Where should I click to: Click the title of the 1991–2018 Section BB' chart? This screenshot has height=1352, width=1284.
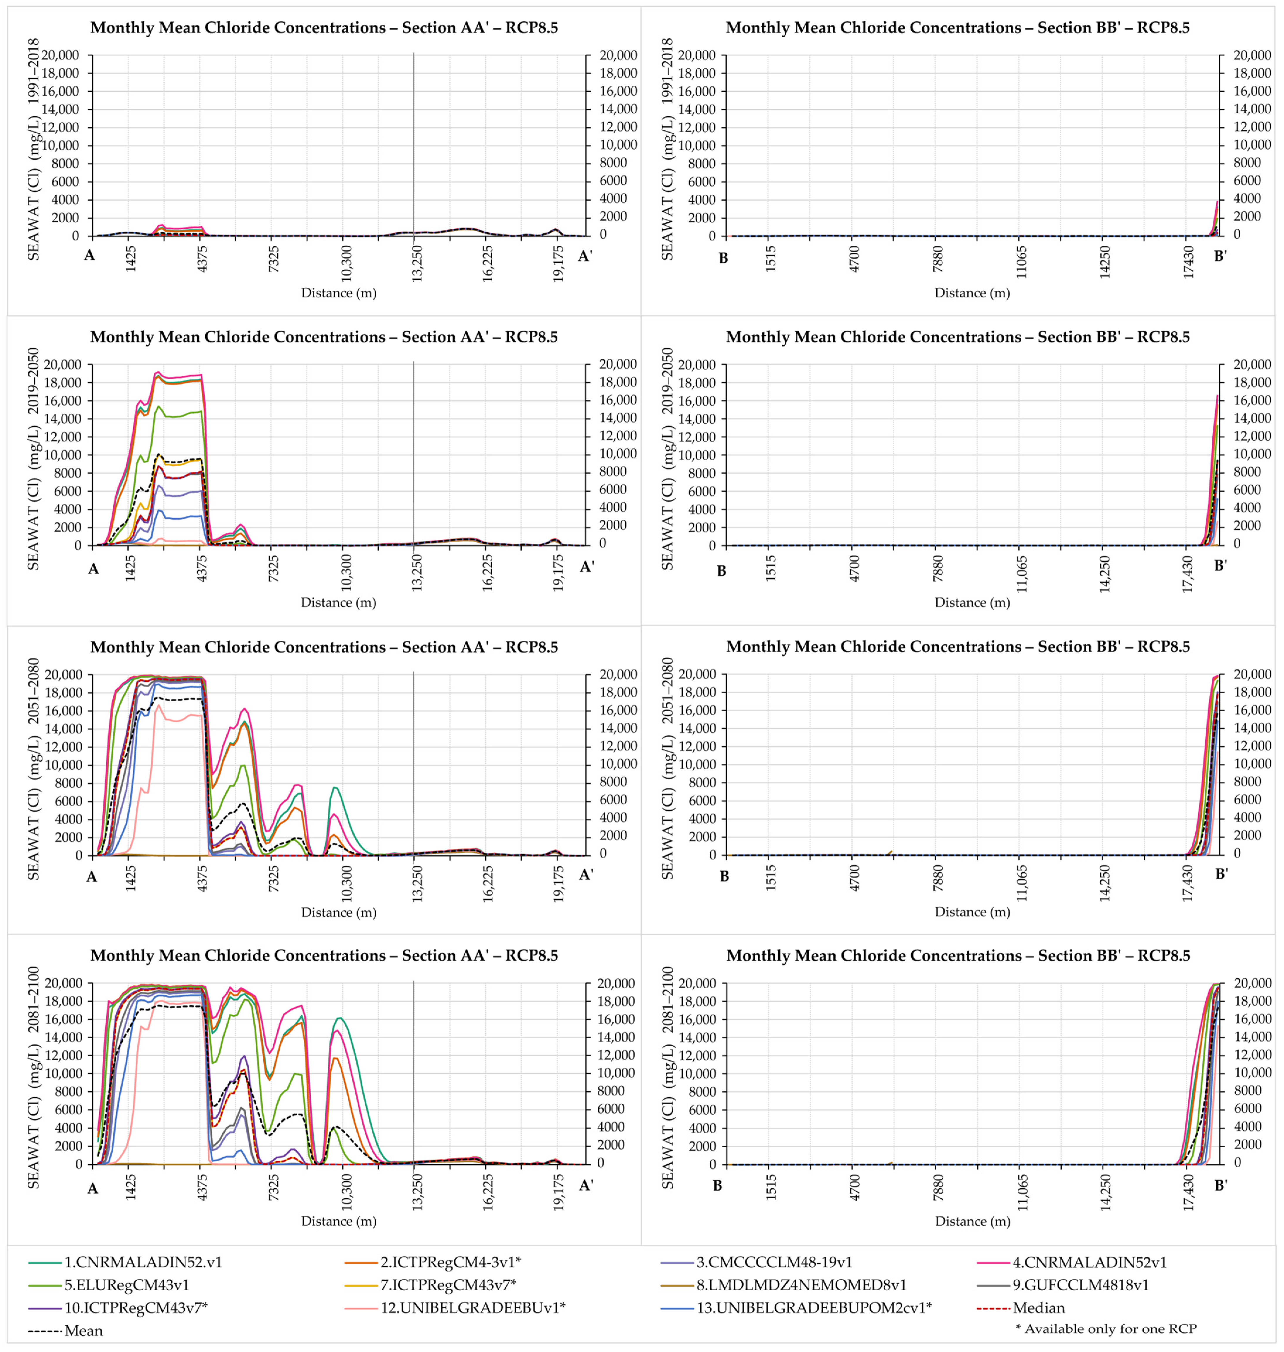tap(957, 27)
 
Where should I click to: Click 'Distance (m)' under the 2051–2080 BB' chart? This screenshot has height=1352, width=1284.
tap(972, 911)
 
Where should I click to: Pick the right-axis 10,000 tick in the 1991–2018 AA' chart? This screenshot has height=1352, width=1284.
tap(618, 144)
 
